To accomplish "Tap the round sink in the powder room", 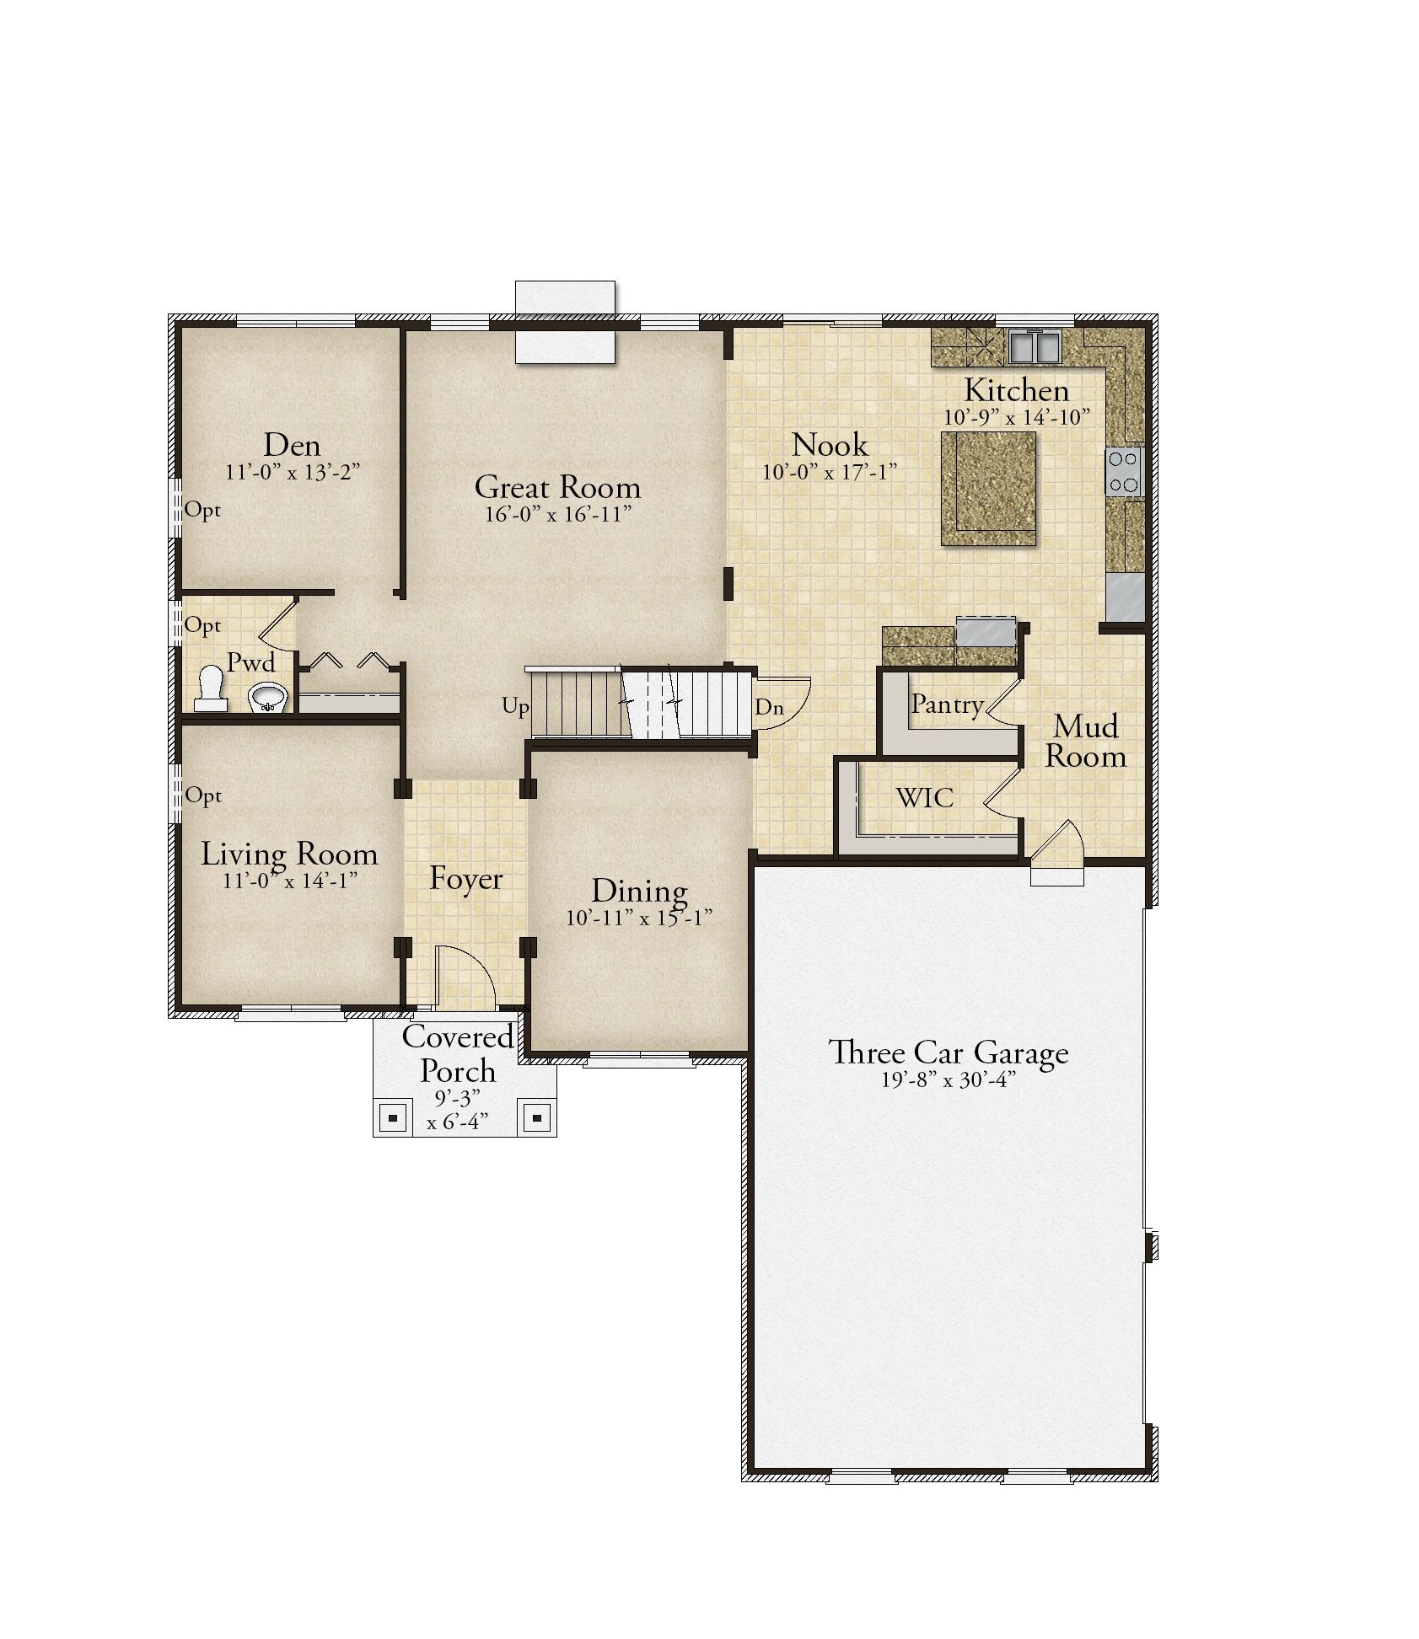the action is point(269,697).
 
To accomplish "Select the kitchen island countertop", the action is point(988,488).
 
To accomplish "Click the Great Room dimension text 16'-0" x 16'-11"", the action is point(558,514).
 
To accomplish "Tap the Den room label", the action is point(293,445).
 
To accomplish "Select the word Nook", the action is point(830,445).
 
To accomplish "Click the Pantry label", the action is point(947,704).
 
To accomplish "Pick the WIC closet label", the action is point(925,796).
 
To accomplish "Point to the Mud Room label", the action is point(1086,741).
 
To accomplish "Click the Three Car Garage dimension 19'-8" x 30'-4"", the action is point(949,1079).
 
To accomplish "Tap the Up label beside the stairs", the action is point(516,706).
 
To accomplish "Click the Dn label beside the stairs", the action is point(769,707).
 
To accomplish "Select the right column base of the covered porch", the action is point(536,1119).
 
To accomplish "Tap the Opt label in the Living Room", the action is point(203,795).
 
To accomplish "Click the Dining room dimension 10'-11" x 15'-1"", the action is point(639,918).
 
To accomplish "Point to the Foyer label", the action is point(465,879).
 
